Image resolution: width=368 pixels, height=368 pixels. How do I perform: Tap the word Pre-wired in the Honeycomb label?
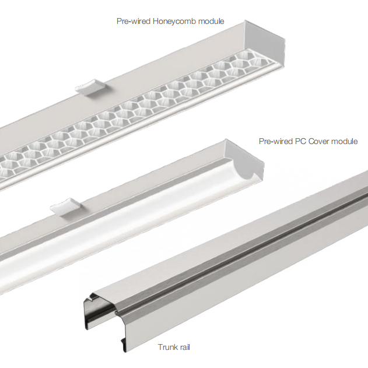coord(134,21)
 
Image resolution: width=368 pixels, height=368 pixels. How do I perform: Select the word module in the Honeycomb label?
coord(211,22)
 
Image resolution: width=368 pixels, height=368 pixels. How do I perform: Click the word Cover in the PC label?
coord(318,141)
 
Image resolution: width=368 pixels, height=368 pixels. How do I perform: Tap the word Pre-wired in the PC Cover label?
coord(276,141)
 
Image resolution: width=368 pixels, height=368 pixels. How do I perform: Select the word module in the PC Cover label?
coord(344,141)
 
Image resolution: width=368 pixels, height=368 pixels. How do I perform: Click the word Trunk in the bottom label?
coord(167,347)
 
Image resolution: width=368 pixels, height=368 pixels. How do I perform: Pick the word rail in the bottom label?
coord(184,347)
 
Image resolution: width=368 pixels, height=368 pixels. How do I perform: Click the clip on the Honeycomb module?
coord(90,87)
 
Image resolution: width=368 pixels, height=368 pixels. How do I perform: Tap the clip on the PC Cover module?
coord(66,207)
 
